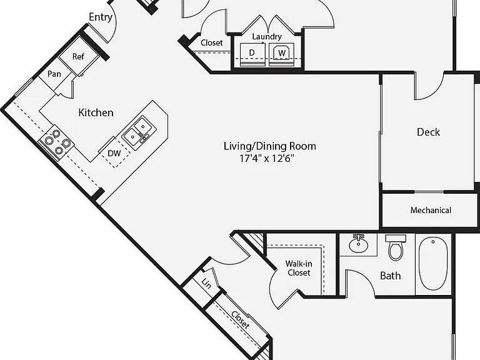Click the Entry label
(x=101, y=17)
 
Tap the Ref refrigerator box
(x=78, y=56)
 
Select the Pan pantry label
(x=54, y=74)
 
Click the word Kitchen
(x=96, y=112)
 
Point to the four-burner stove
(x=57, y=142)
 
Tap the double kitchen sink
(x=139, y=133)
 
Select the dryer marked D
(x=252, y=54)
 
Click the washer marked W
(x=282, y=54)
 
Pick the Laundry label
(x=267, y=37)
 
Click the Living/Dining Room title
(x=270, y=146)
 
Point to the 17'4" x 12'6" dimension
(x=267, y=159)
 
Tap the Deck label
(x=428, y=132)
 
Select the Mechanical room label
(x=431, y=210)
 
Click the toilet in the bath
(x=396, y=247)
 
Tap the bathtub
(x=433, y=263)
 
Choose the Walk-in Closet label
(x=299, y=268)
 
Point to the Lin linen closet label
(x=206, y=284)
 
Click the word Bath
(x=390, y=276)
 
